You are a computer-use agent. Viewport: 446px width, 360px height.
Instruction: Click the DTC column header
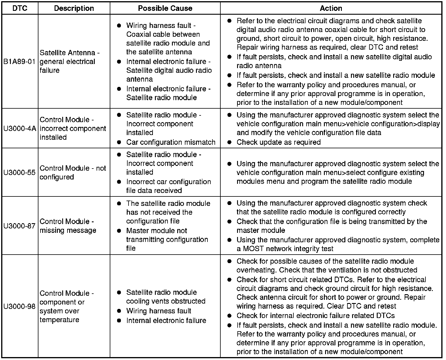click(20, 8)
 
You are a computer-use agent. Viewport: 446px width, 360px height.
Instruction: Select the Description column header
click(74, 8)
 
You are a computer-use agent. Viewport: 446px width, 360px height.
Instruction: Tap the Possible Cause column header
click(165, 8)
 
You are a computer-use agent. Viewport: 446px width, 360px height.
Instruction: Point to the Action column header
click(331, 8)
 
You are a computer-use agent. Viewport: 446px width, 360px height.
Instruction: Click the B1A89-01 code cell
click(20, 62)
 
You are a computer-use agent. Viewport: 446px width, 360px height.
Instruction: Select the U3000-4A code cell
click(20, 129)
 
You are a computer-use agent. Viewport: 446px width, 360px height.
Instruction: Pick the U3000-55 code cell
click(20, 173)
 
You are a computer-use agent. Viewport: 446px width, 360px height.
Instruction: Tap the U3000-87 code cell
click(20, 226)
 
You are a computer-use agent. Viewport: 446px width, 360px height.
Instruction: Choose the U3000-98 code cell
click(20, 307)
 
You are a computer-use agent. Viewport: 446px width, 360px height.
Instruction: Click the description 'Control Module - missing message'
click(68, 226)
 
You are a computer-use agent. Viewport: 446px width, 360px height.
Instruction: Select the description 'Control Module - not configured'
click(72, 173)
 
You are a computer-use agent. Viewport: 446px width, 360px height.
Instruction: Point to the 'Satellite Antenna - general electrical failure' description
click(70, 62)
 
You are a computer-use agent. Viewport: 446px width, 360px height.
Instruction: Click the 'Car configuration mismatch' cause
click(171, 142)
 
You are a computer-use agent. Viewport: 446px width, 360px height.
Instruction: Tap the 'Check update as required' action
click(278, 142)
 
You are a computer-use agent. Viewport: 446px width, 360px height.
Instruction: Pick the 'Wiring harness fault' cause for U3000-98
click(159, 311)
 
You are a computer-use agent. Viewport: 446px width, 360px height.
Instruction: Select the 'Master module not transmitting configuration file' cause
click(167, 240)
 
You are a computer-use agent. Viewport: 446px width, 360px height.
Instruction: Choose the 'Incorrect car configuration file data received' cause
click(168, 186)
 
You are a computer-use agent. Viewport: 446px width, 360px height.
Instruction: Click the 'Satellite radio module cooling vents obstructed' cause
click(165, 297)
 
